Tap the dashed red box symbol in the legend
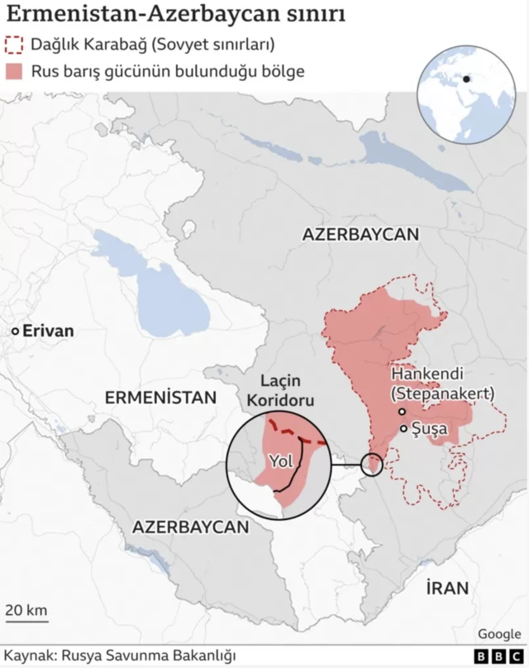point(14,45)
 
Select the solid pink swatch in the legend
point(14,71)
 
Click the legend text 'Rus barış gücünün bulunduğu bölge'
point(168,71)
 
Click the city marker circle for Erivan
point(14,331)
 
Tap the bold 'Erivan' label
point(48,331)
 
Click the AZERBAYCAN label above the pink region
point(360,234)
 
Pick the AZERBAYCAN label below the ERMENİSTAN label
point(190,527)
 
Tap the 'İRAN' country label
point(447,588)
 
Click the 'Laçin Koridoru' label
point(288,391)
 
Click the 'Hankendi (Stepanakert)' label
point(441,383)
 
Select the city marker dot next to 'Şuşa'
point(403,428)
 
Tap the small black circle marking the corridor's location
point(373,464)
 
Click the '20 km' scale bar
point(26,613)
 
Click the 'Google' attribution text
point(498,633)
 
